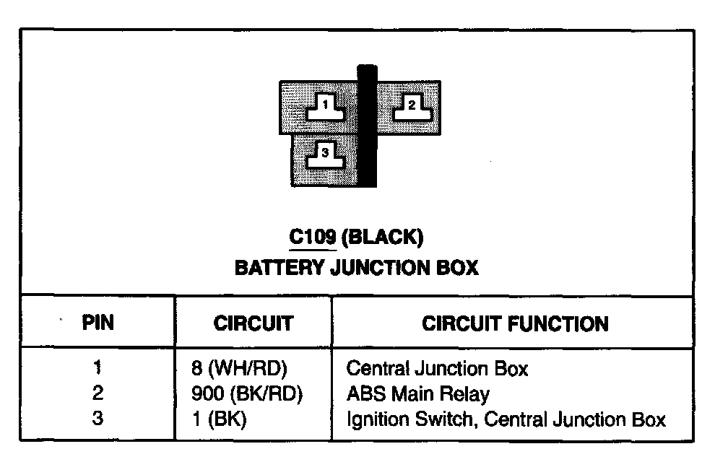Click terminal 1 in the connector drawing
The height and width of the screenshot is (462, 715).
pyautogui.click(x=326, y=107)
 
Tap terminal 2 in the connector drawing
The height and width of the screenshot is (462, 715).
pyautogui.click(x=411, y=107)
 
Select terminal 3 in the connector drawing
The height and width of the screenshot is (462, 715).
pyautogui.click(x=325, y=154)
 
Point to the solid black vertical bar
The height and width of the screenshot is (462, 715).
pyautogui.click(x=368, y=126)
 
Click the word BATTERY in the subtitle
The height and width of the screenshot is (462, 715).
pyautogui.click(x=279, y=268)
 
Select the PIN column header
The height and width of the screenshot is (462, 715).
pyautogui.click(x=98, y=323)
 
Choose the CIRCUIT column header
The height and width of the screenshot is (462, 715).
pyautogui.click(x=253, y=323)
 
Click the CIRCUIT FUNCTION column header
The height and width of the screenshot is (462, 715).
pyautogui.click(x=515, y=323)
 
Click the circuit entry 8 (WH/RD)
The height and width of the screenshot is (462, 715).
pyautogui.click(x=234, y=369)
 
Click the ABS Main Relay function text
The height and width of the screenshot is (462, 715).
pyautogui.click(x=417, y=394)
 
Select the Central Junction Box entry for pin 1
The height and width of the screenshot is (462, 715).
pyautogui.click(x=437, y=369)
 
